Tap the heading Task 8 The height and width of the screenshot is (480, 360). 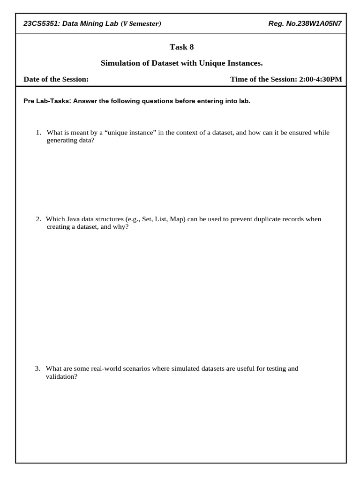click(x=181, y=47)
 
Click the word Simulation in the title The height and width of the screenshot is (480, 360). click(x=120, y=63)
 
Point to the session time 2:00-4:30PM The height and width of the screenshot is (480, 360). click(x=320, y=79)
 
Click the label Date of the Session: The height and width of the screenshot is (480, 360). click(x=56, y=79)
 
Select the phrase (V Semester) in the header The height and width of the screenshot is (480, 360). click(x=141, y=24)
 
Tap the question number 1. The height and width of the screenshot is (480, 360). click(x=38, y=133)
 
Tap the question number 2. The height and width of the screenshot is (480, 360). click(x=38, y=219)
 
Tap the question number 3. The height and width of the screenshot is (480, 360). click(x=38, y=368)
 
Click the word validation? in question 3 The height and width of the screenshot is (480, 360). click(x=61, y=376)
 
